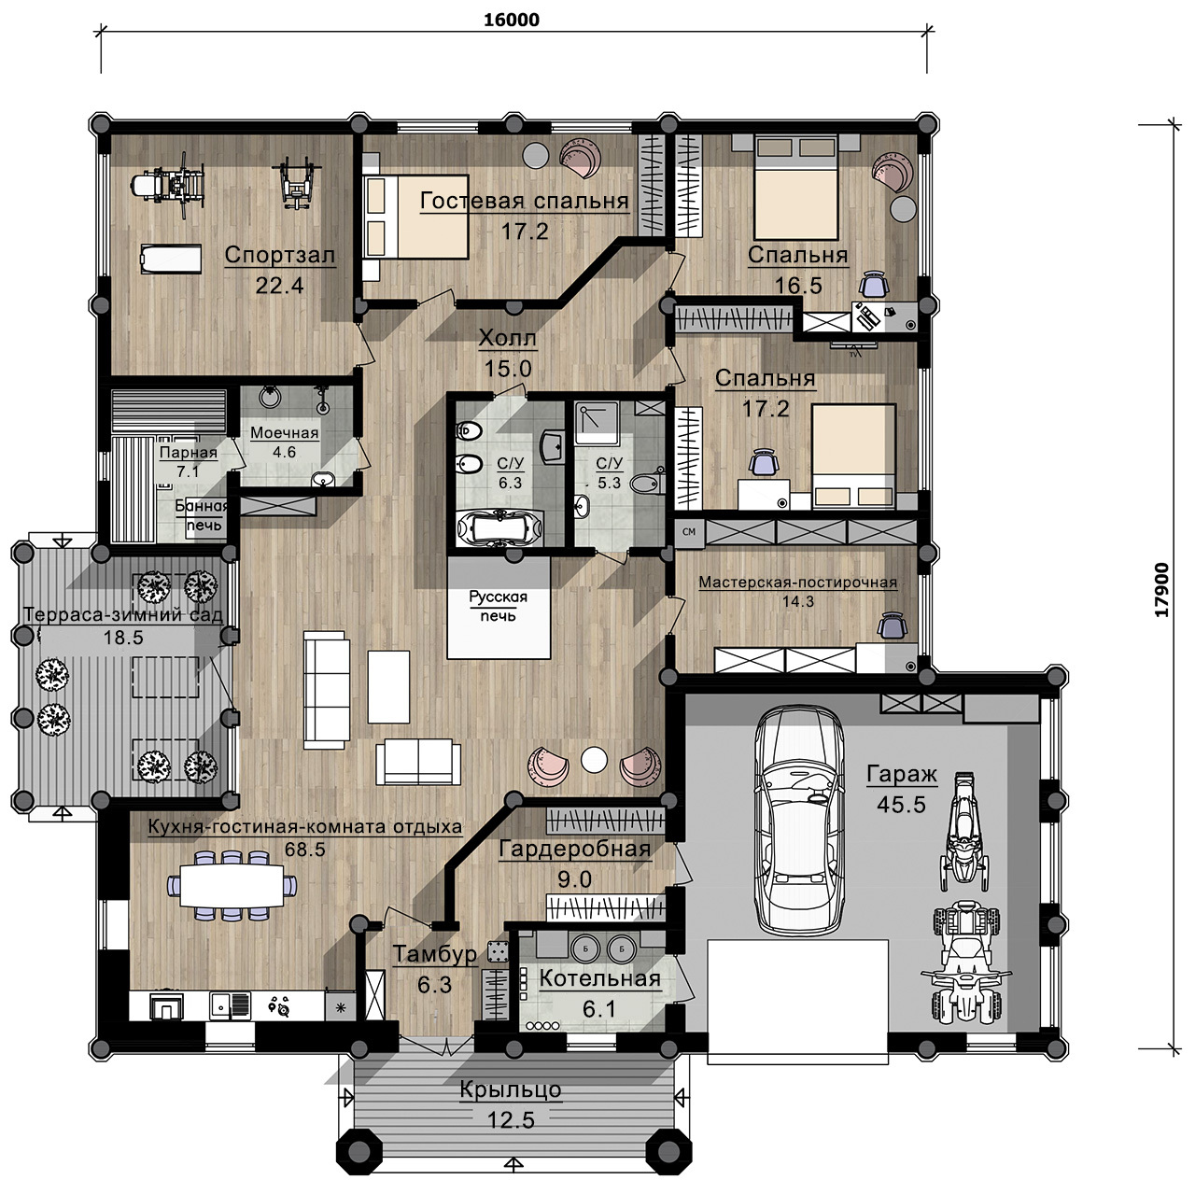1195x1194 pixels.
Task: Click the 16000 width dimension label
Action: (x=512, y=20)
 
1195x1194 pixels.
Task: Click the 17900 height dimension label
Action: (x=1161, y=589)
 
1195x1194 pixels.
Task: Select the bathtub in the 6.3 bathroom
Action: (x=500, y=528)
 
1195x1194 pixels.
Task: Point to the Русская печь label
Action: (x=498, y=606)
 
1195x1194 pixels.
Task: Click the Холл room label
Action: (x=507, y=339)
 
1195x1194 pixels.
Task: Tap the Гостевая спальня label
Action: (x=525, y=201)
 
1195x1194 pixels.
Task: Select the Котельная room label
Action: (x=599, y=978)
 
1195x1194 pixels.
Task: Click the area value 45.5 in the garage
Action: (x=901, y=805)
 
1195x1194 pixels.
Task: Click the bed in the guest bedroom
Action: (x=415, y=216)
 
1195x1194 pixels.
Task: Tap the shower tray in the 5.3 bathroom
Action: (x=597, y=422)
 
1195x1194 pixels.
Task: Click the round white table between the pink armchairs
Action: (x=594, y=759)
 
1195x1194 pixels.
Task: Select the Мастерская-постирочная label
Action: (x=798, y=583)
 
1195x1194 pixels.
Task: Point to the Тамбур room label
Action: (x=435, y=954)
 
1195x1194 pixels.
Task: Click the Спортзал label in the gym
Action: (x=280, y=255)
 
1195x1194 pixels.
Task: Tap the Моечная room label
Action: (x=284, y=433)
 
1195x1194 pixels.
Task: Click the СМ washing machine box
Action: (x=689, y=532)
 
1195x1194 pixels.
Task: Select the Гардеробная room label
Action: (x=575, y=849)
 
